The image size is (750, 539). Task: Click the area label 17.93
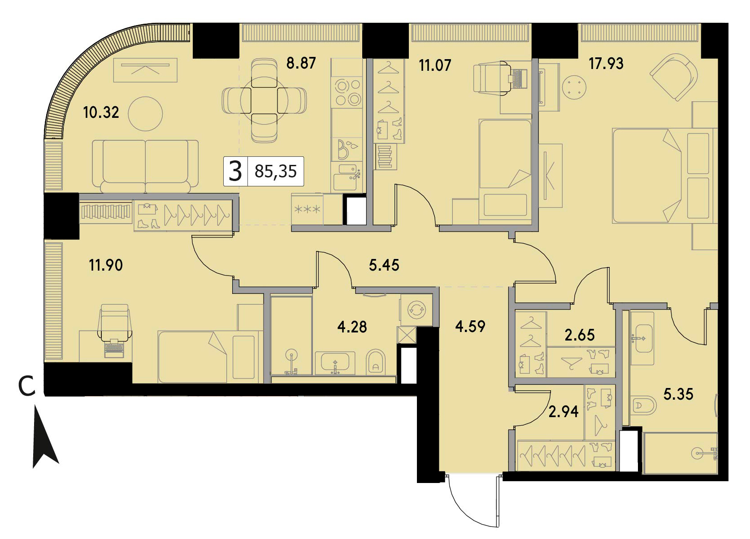pos(606,63)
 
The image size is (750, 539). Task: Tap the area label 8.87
pos(301,63)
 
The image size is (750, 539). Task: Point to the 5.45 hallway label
pos(384,265)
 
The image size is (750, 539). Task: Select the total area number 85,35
pos(276,171)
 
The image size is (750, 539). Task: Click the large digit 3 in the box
pos(235,171)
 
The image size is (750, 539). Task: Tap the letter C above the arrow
pos(26,386)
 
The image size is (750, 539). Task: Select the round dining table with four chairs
pos(264,100)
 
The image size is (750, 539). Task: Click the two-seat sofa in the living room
pos(145,166)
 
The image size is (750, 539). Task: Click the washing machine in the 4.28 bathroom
pos(416,310)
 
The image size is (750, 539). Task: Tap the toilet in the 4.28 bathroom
pos(376,362)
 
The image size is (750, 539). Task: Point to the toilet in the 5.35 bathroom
pos(643,405)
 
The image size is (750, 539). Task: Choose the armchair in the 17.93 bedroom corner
pos(674,77)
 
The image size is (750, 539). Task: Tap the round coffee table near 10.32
pos(146,114)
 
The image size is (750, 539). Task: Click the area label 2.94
pos(564,411)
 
